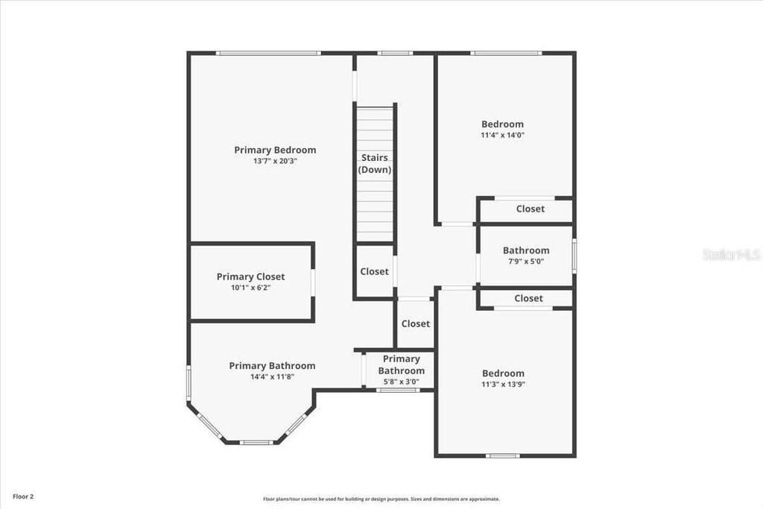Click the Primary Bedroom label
tap(275, 150)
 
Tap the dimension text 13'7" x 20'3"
tap(275, 161)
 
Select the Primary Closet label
tap(250, 276)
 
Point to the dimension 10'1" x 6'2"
tap(250, 288)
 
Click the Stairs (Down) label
tap(375, 163)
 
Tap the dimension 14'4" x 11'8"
tap(273, 376)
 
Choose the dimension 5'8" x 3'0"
tap(402, 382)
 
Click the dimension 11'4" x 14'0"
tap(503, 136)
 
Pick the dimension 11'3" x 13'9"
tap(504, 385)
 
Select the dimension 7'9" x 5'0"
tap(526, 262)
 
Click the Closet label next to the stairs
tap(374, 271)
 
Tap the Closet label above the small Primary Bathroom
tap(416, 323)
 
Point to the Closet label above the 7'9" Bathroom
tap(531, 209)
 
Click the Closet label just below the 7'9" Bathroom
tap(528, 298)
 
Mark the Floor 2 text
tap(23, 497)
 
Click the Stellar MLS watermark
tap(732, 255)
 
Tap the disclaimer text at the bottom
tap(381, 499)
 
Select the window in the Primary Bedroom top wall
tap(268, 53)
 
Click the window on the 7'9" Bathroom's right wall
tap(574, 256)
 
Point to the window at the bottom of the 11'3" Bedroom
tap(503, 456)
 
